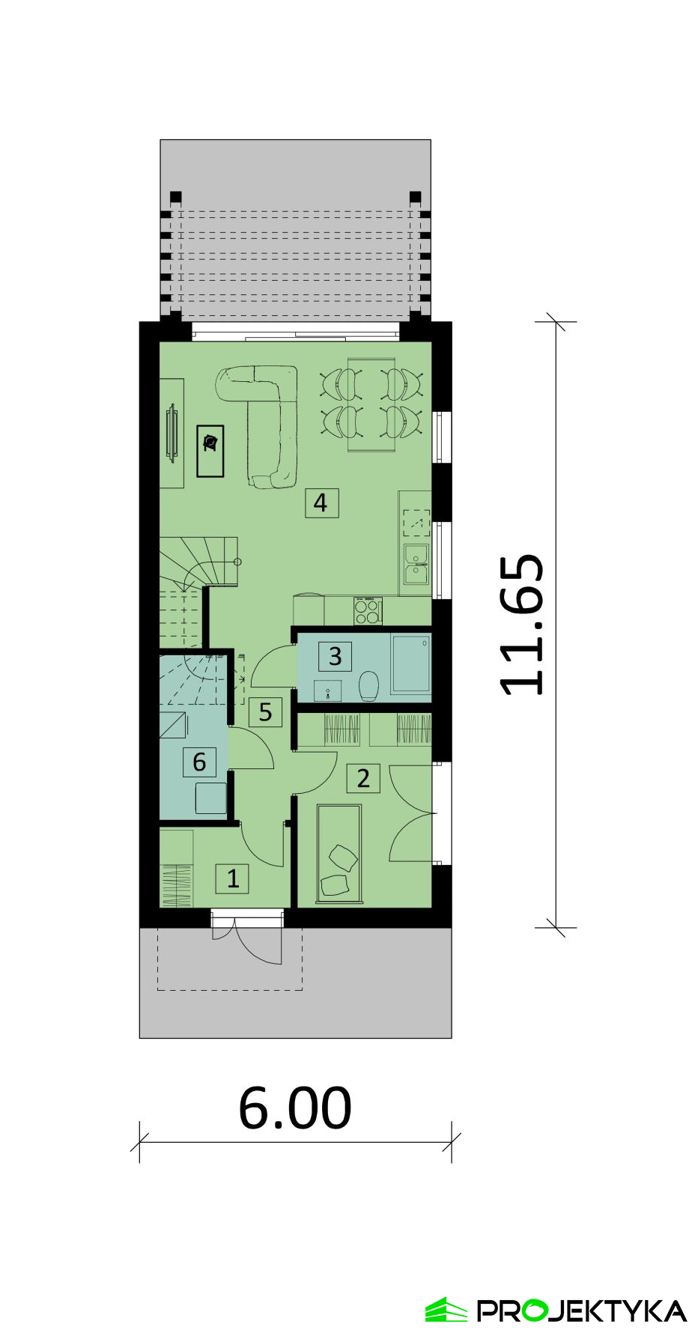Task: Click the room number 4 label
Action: pyautogui.click(x=321, y=502)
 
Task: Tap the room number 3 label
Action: pyautogui.click(x=335, y=656)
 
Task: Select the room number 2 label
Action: pyautogui.click(x=363, y=778)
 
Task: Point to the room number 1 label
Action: pyautogui.click(x=232, y=878)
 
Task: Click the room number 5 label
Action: pyautogui.click(x=265, y=711)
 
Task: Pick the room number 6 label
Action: pyautogui.click(x=199, y=762)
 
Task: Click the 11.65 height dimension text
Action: pyautogui.click(x=521, y=625)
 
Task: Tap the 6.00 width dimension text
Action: pyautogui.click(x=295, y=1108)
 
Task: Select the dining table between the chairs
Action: pyautogui.click(x=371, y=404)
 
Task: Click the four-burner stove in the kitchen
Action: pyautogui.click(x=368, y=611)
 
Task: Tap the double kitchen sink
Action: pyautogui.click(x=416, y=564)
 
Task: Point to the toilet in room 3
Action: pyautogui.click(x=368, y=686)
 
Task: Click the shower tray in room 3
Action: pyautogui.click(x=411, y=664)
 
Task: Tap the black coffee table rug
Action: pyautogui.click(x=210, y=451)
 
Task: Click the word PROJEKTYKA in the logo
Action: pyautogui.click(x=582, y=1311)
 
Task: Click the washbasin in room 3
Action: pyautogui.click(x=328, y=690)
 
